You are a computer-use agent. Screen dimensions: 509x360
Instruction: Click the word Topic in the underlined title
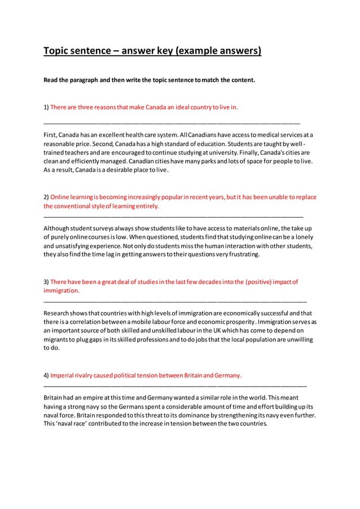59,52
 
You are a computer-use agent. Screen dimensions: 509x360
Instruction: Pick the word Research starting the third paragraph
59,312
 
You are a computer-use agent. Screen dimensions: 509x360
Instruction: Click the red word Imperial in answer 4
62,375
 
